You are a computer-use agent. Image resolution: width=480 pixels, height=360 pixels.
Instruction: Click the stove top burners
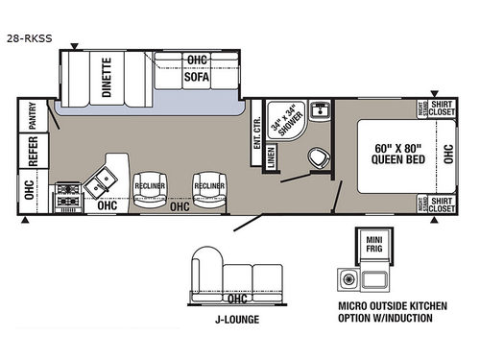[69, 195]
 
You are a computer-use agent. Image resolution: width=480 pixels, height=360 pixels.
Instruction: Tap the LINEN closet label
[273, 159]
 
